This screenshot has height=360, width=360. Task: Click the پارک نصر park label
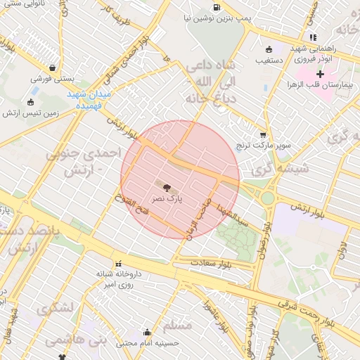(169, 200)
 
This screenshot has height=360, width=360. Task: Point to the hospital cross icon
(320, 74)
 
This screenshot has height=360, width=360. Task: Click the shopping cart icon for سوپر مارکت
(264, 134)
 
